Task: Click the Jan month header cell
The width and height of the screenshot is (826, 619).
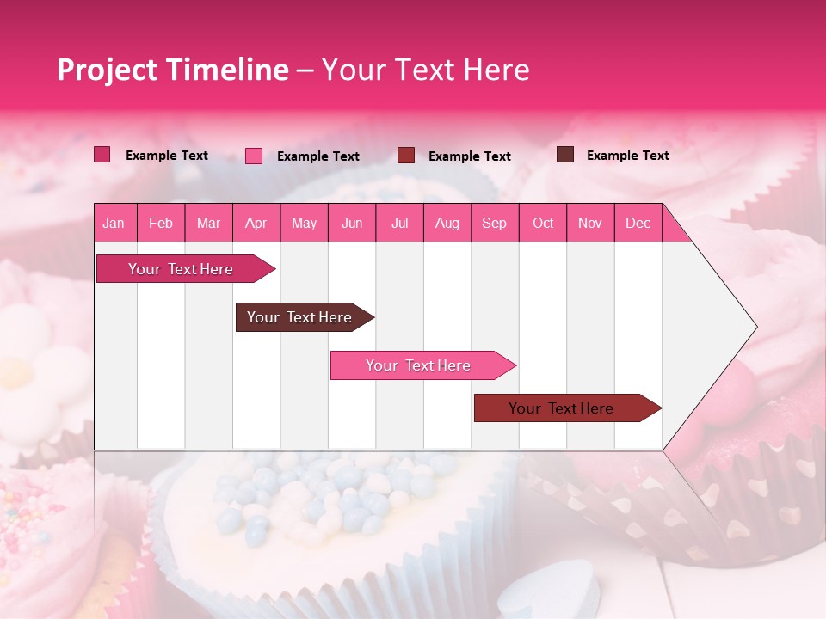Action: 114,223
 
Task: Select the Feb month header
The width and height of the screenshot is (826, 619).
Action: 161,223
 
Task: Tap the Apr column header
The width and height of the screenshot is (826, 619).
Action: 256,223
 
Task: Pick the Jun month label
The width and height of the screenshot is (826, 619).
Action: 351,223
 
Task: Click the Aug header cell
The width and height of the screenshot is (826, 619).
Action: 447,223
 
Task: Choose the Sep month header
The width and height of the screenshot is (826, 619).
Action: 494,223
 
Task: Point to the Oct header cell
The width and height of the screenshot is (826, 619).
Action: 542,223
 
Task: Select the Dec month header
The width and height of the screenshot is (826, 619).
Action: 638,223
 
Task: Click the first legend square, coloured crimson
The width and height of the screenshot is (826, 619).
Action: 102,155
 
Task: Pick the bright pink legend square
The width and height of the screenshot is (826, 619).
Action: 254,156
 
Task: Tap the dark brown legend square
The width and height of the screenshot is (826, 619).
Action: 565,155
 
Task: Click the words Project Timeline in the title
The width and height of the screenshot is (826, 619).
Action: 172,70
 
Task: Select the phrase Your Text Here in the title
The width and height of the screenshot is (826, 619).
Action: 425,70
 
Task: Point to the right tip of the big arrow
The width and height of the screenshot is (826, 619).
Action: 755,327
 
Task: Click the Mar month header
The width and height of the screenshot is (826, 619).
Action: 208,223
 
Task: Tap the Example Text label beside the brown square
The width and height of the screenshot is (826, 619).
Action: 627,156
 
